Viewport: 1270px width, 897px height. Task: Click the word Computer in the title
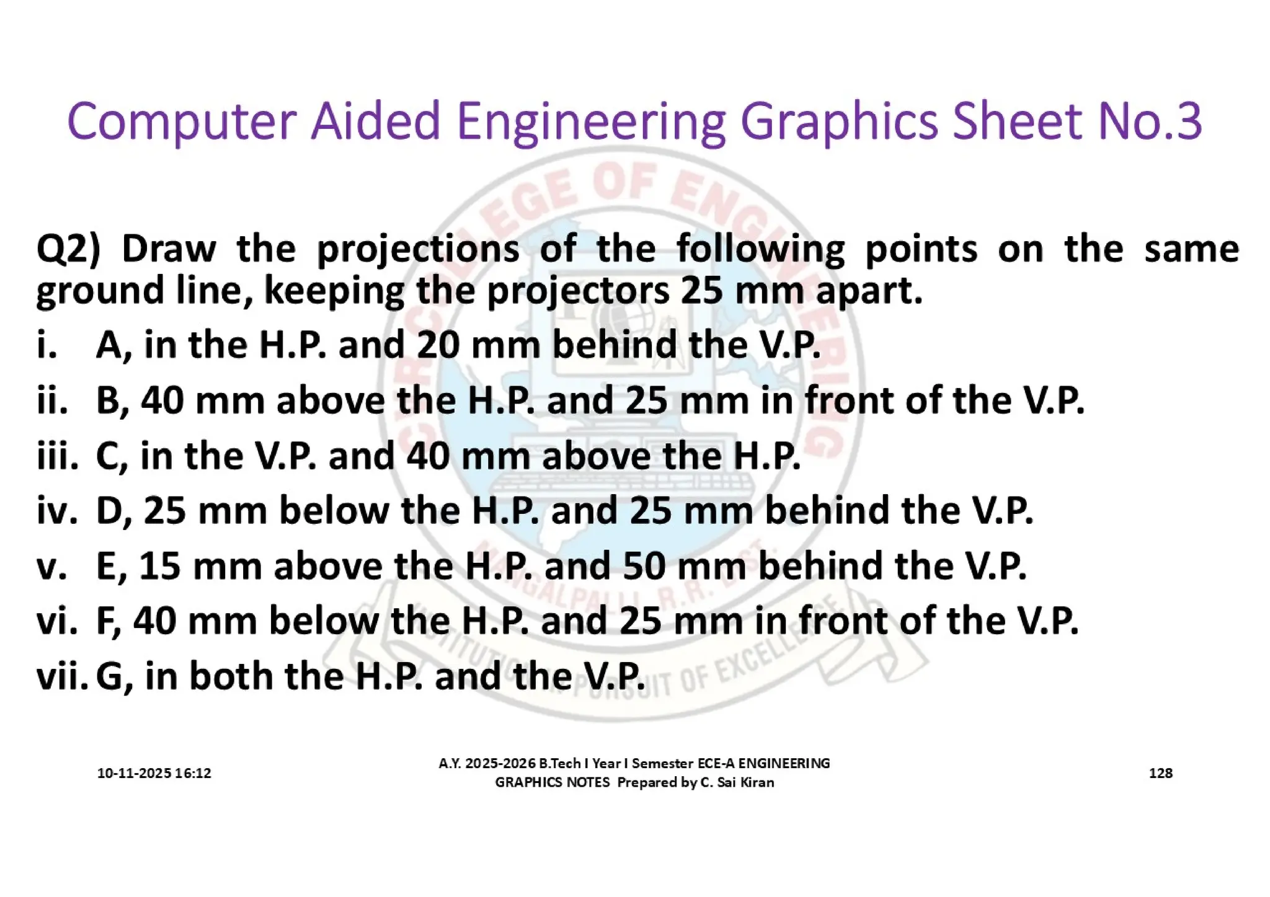pos(180,122)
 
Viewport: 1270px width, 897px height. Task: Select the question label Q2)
pos(68,249)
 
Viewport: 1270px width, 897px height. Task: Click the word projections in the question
pos(418,249)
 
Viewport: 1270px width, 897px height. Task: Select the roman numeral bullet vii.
pos(61,675)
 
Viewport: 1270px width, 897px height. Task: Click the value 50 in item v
pos(644,565)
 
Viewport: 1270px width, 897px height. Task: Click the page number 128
pos(1160,773)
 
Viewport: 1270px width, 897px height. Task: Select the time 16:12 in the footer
pos(193,773)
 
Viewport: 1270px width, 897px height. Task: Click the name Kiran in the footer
pos(757,782)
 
